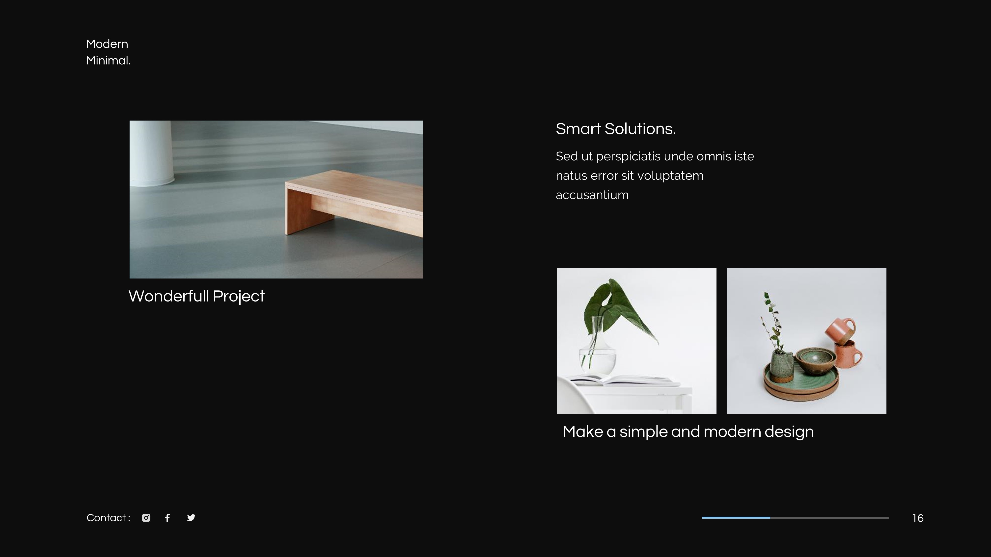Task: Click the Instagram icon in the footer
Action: click(x=146, y=518)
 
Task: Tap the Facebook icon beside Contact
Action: click(x=167, y=518)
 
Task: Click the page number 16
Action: click(x=917, y=518)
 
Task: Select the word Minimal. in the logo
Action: click(x=108, y=61)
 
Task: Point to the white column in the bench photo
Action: click(x=152, y=154)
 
